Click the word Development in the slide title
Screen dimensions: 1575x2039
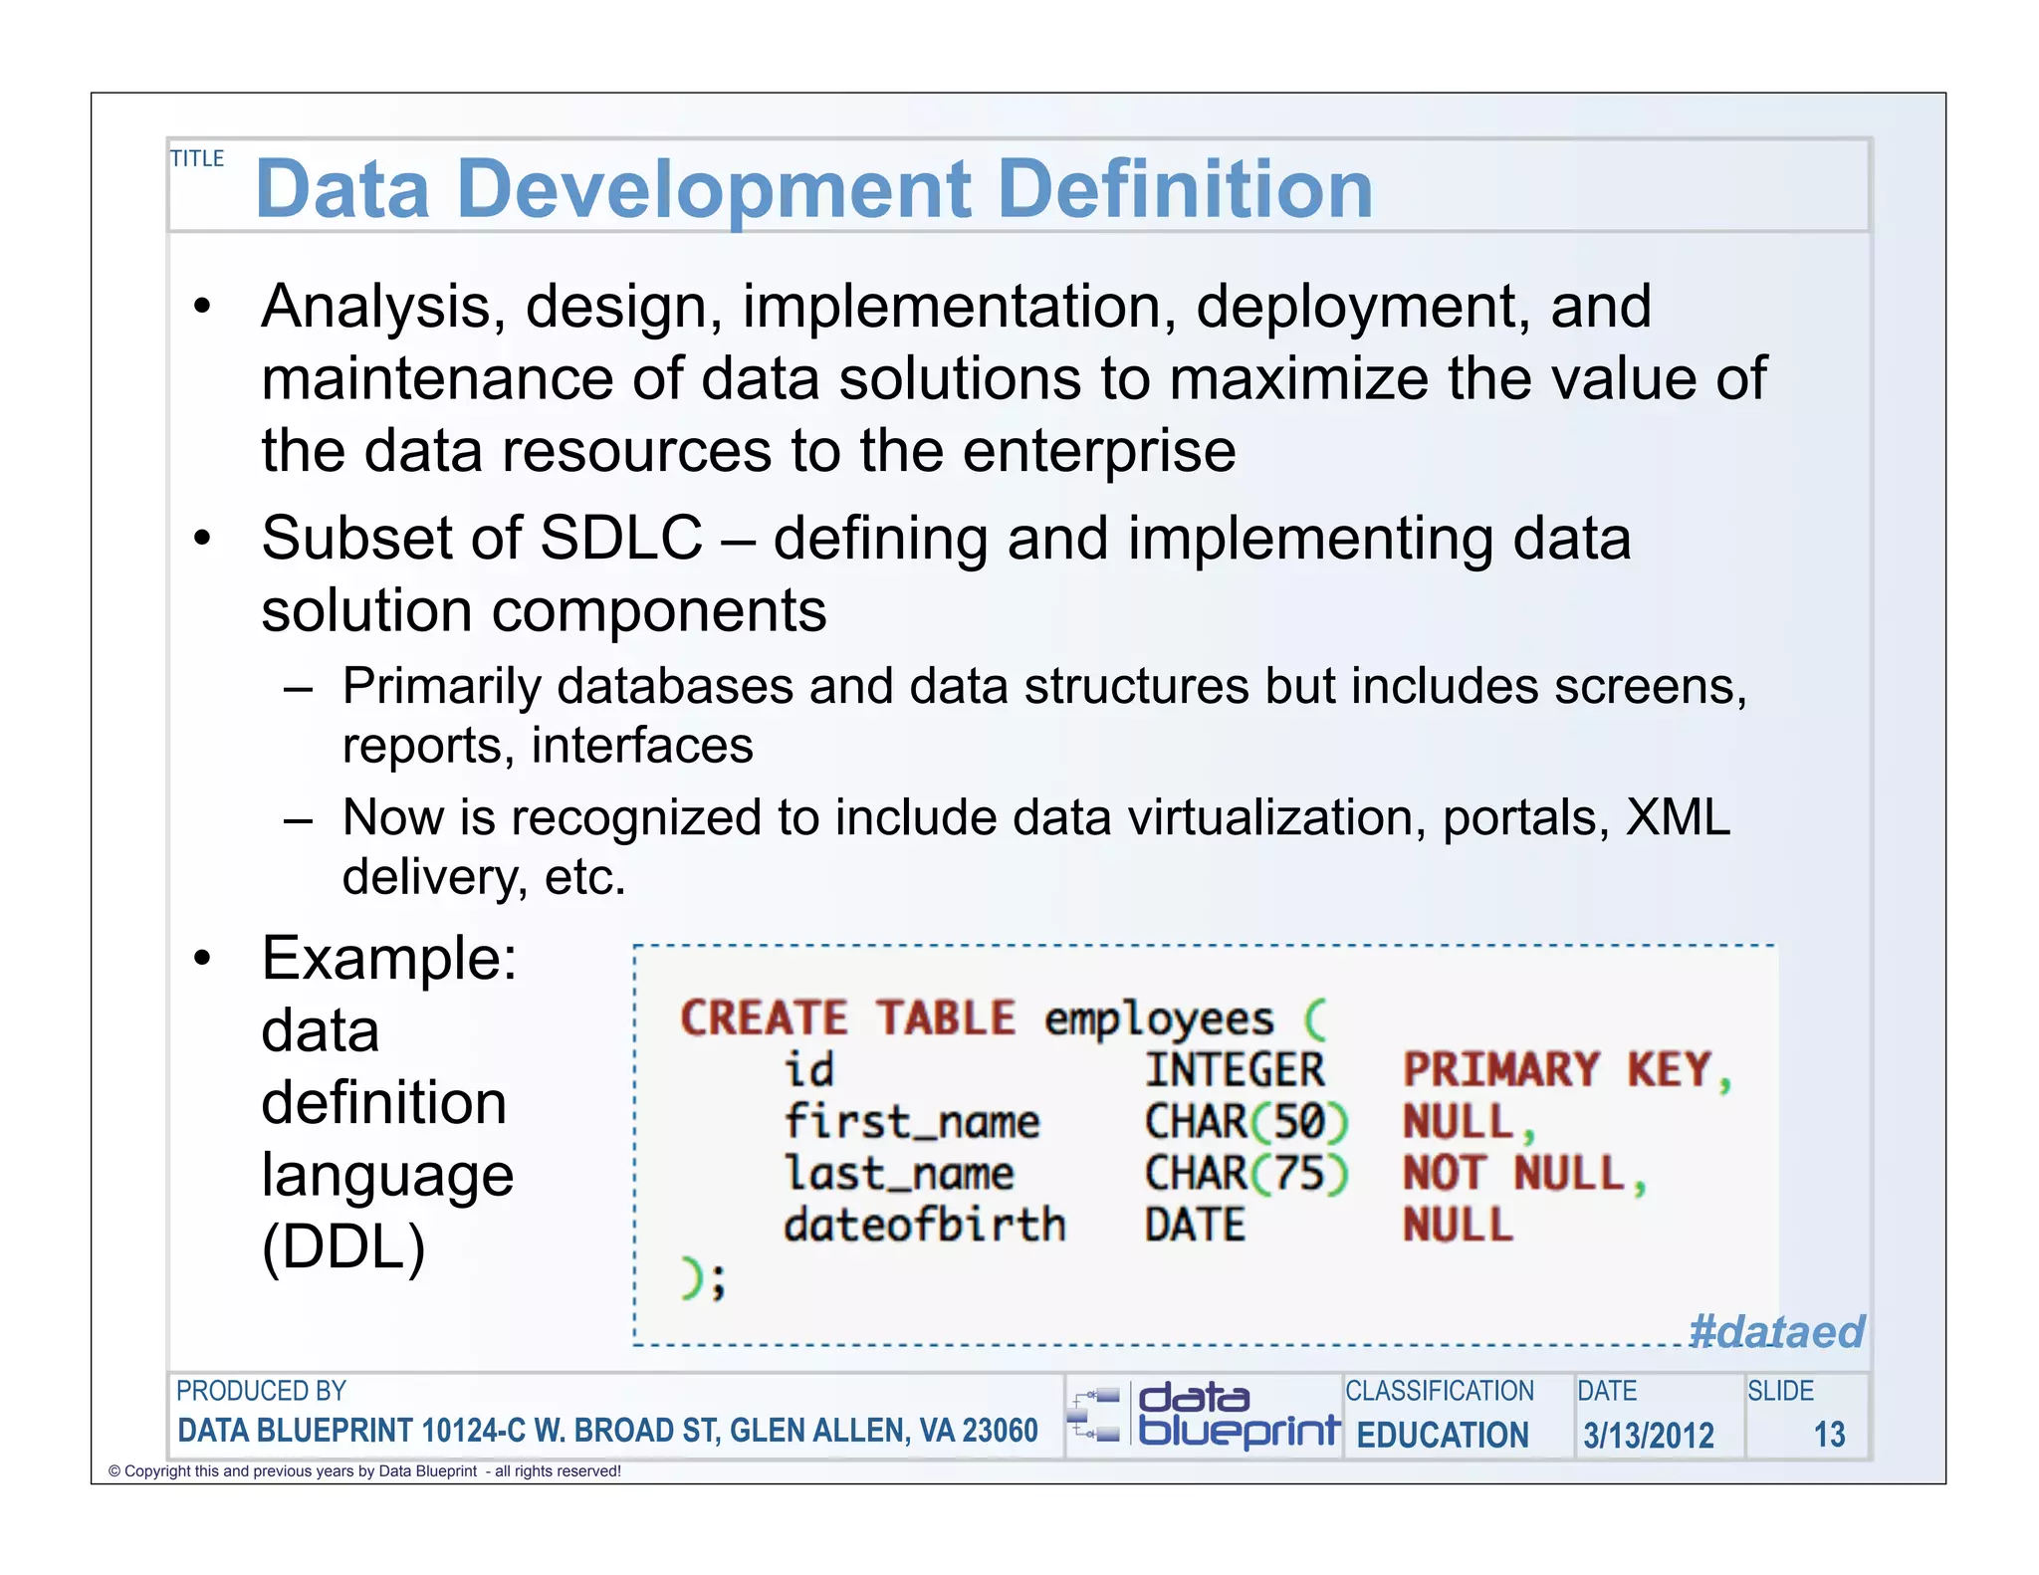coord(714,189)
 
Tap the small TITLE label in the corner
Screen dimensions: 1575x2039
coord(197,158)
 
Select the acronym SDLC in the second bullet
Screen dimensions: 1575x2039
coord(621,539)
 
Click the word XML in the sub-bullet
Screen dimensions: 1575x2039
coord(1678,817)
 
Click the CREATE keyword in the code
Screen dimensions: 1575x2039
coord(764,1018)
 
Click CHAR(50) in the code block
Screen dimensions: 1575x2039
coord(1246,1122)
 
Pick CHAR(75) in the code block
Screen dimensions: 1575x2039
coord(1246,1174)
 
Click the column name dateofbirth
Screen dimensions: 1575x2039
coord(924,1225)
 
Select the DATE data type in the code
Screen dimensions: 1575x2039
coord(1195,1225)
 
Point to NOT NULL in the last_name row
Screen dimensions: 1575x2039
coord(1513,1174)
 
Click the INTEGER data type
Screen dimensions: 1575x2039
coord(1235,1070)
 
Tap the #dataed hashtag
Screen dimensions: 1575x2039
coord(1777,1332)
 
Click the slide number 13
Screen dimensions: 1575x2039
coord(1829,1435)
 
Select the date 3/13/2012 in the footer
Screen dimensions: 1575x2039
coord(1649,1436)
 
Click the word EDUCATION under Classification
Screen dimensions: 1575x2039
coord(1443,1436)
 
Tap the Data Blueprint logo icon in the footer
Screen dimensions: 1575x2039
coord(1095,1414)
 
